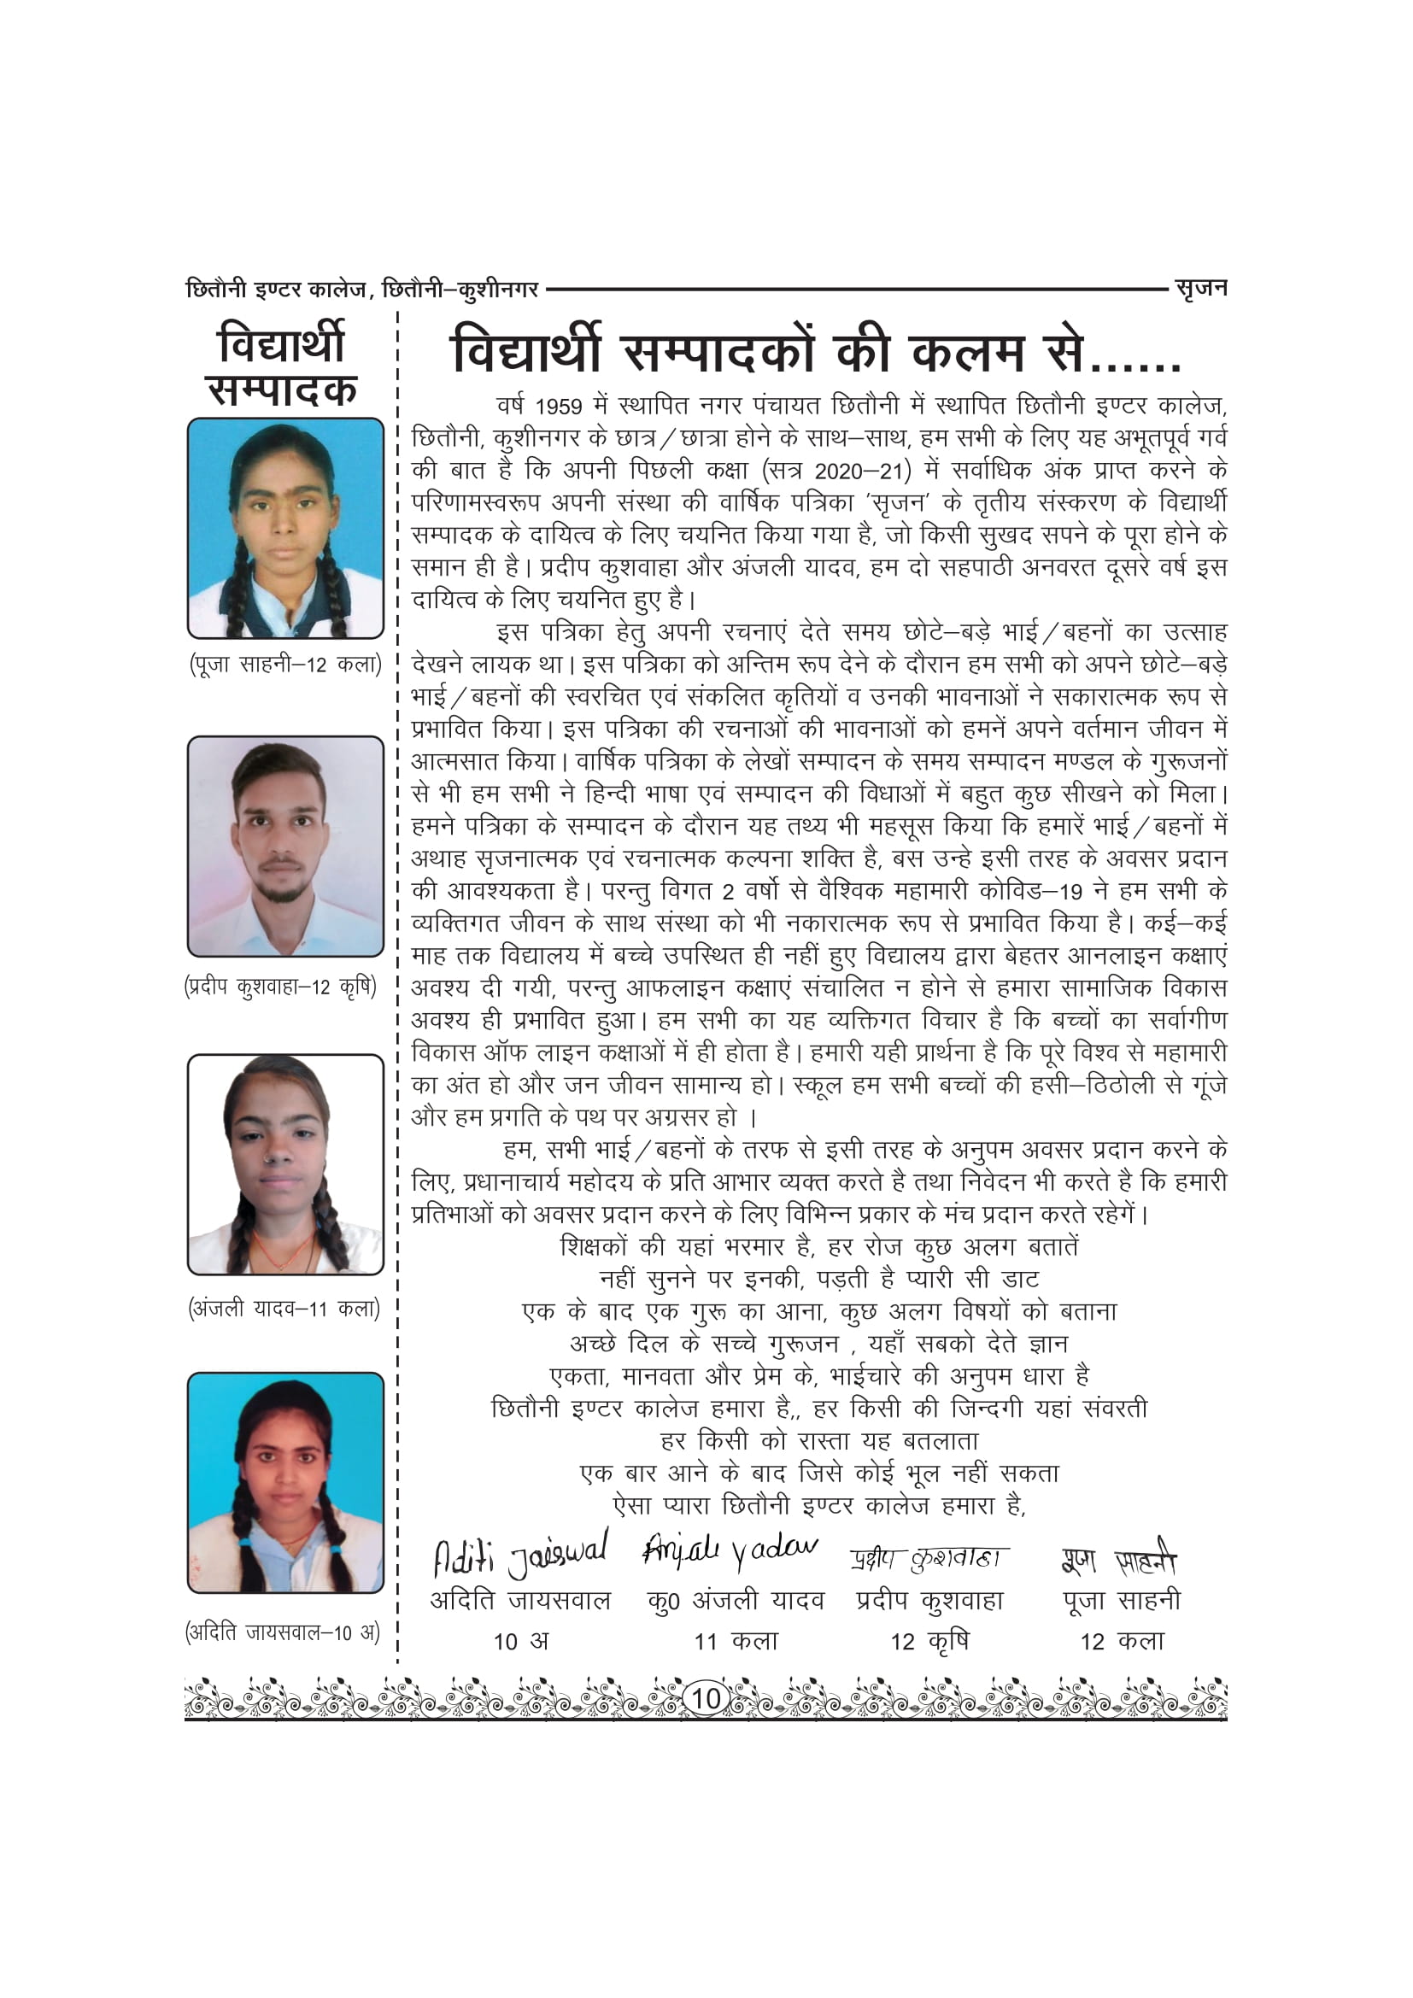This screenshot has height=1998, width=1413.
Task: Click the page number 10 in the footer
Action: (706, 1698)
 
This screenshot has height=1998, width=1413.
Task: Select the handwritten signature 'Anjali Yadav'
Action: (729, 1550)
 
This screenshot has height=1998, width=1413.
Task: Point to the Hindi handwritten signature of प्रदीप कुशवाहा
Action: (929, 1559)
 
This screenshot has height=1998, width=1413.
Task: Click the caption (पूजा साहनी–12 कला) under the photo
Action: (285, 665)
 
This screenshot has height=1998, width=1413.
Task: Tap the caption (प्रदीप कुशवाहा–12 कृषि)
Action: (281, 987)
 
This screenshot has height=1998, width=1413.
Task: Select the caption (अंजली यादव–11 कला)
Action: (284, 1308)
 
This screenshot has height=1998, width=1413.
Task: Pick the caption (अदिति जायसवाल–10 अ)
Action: (283, 1632)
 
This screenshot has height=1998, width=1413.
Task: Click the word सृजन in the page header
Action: (1200, 288)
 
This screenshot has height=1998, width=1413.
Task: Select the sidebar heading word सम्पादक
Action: (283, 389)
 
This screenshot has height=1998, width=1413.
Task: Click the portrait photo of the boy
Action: (285, 846)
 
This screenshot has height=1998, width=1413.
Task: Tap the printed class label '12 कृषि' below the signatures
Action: (929, 1641)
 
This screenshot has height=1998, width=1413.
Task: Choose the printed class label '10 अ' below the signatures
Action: (521, 1641)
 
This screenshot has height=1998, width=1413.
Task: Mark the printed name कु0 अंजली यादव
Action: (736, 1600)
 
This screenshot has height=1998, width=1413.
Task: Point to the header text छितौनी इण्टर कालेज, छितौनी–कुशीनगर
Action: (362, 289)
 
